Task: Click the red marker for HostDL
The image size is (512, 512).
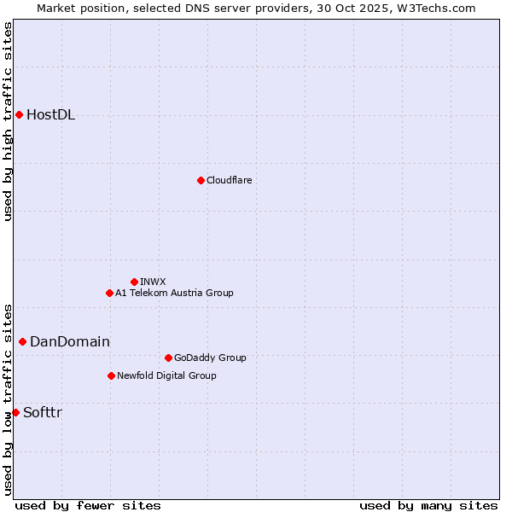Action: (19, 114)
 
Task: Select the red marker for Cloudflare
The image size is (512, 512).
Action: (201, 180)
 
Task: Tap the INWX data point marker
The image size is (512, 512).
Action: (134, 282)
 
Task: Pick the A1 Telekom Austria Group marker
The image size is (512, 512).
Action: (109, 293)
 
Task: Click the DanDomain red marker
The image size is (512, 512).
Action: (22, 341)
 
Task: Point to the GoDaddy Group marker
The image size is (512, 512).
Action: (168, 358)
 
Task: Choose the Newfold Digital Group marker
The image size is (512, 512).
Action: (111, 375)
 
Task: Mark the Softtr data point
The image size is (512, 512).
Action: (15, 412)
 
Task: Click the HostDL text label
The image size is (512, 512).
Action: (51, 115)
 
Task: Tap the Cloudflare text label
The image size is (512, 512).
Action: (230, 180)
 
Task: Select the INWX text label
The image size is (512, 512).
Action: (153, 282)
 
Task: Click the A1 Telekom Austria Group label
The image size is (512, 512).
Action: (174, 293)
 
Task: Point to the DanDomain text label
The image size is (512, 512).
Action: (70, 342)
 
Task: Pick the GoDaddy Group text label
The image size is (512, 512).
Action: (210, 358)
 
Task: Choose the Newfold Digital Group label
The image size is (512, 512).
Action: (166, 375)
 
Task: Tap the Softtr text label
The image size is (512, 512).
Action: (43, 413)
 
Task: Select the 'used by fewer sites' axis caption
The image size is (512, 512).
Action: (88, 505)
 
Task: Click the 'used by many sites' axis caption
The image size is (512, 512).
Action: (428, 505)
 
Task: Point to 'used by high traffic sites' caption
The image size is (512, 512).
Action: (8, 121)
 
